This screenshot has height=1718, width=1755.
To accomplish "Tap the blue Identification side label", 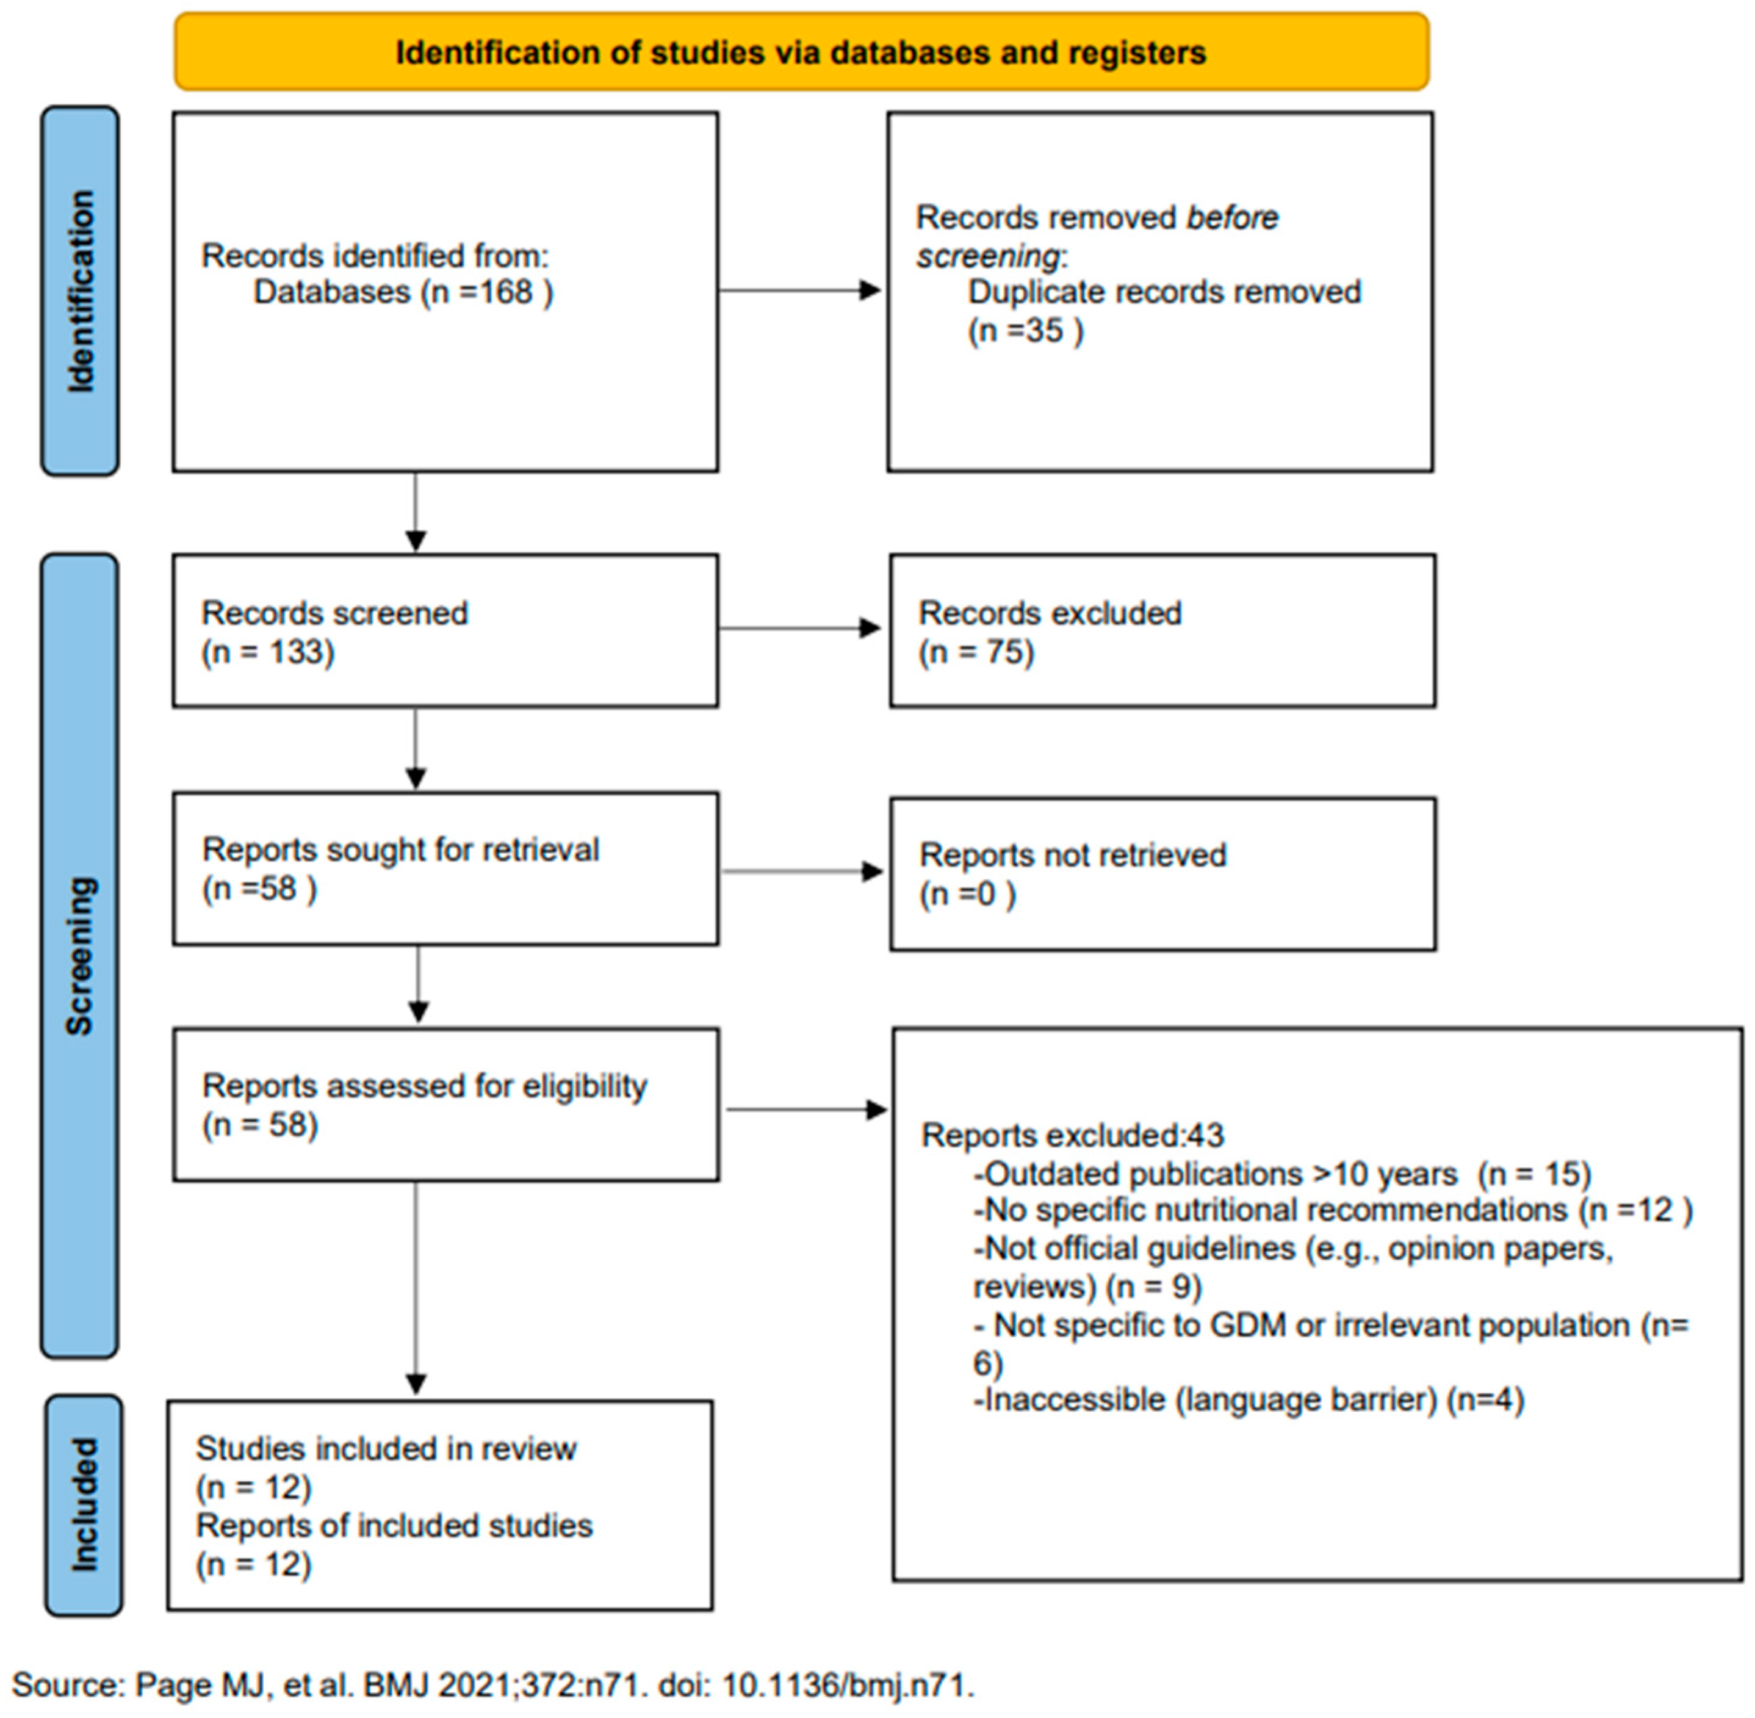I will [81, 291].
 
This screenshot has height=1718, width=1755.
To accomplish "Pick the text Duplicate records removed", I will [1164, 292].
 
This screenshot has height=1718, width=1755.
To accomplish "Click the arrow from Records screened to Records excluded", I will [799, 628].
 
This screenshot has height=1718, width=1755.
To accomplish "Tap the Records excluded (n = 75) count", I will [976, 651].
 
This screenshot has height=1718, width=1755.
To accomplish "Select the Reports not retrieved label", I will [1072, 854].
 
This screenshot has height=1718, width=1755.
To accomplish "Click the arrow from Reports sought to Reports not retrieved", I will [801, 871].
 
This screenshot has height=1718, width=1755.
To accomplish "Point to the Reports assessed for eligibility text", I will [424, 1086].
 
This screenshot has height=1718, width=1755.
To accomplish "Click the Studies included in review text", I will [386, 1448].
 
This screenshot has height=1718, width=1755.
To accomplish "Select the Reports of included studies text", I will [394, 1526].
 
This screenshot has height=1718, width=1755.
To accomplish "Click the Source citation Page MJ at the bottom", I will [492, 1684].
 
